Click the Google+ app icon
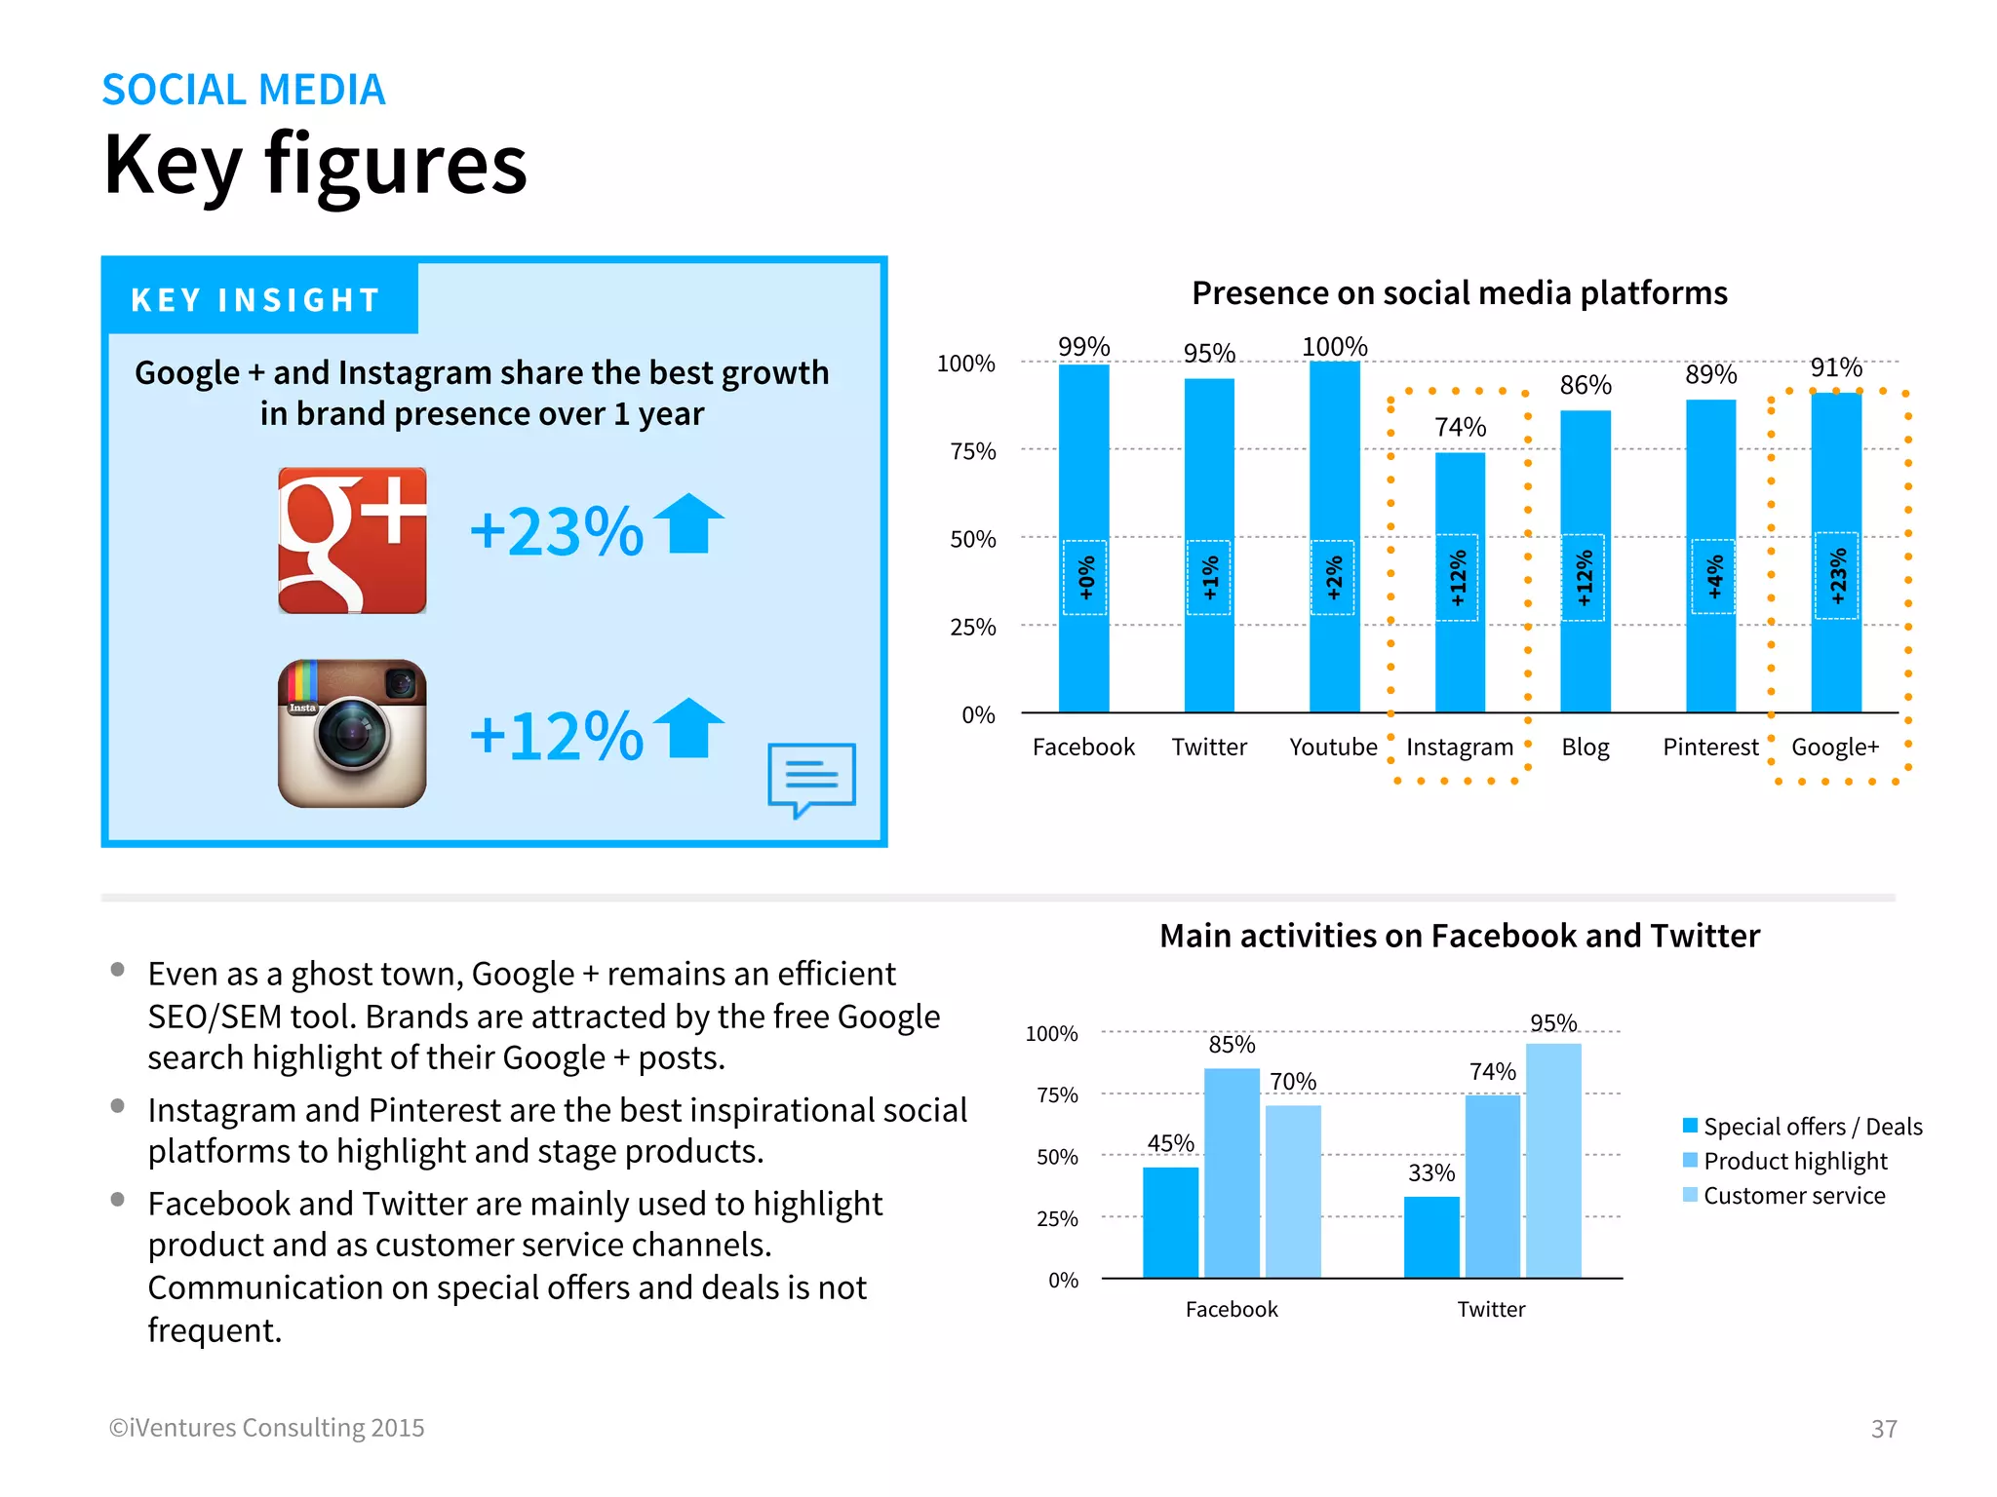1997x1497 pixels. point(352,540)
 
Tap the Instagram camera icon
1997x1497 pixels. point(352,733)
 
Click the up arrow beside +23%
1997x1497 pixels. point(688,523)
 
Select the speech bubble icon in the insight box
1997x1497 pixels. point(811,778)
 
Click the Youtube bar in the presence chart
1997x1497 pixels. point(1334,536)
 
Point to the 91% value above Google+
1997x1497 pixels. point(1836,368)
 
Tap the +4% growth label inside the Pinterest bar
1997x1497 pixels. point(1712,577)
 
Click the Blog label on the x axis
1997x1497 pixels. point(1586,748)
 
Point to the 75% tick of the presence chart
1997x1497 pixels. point(973,451)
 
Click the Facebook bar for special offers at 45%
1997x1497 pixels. point(1170,1222)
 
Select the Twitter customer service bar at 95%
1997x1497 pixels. point(1553,1160)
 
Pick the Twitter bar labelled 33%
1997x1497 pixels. point(1431,1237)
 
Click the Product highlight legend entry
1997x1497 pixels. point(1794,1161)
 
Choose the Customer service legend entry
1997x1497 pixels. point(1793,1196)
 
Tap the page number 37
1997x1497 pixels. point(1884,1429)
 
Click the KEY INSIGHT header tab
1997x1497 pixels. point(255,300)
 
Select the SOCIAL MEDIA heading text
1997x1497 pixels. point(244,90)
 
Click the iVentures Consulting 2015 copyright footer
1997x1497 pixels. point(267,1428)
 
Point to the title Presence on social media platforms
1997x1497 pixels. point(1459,293)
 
